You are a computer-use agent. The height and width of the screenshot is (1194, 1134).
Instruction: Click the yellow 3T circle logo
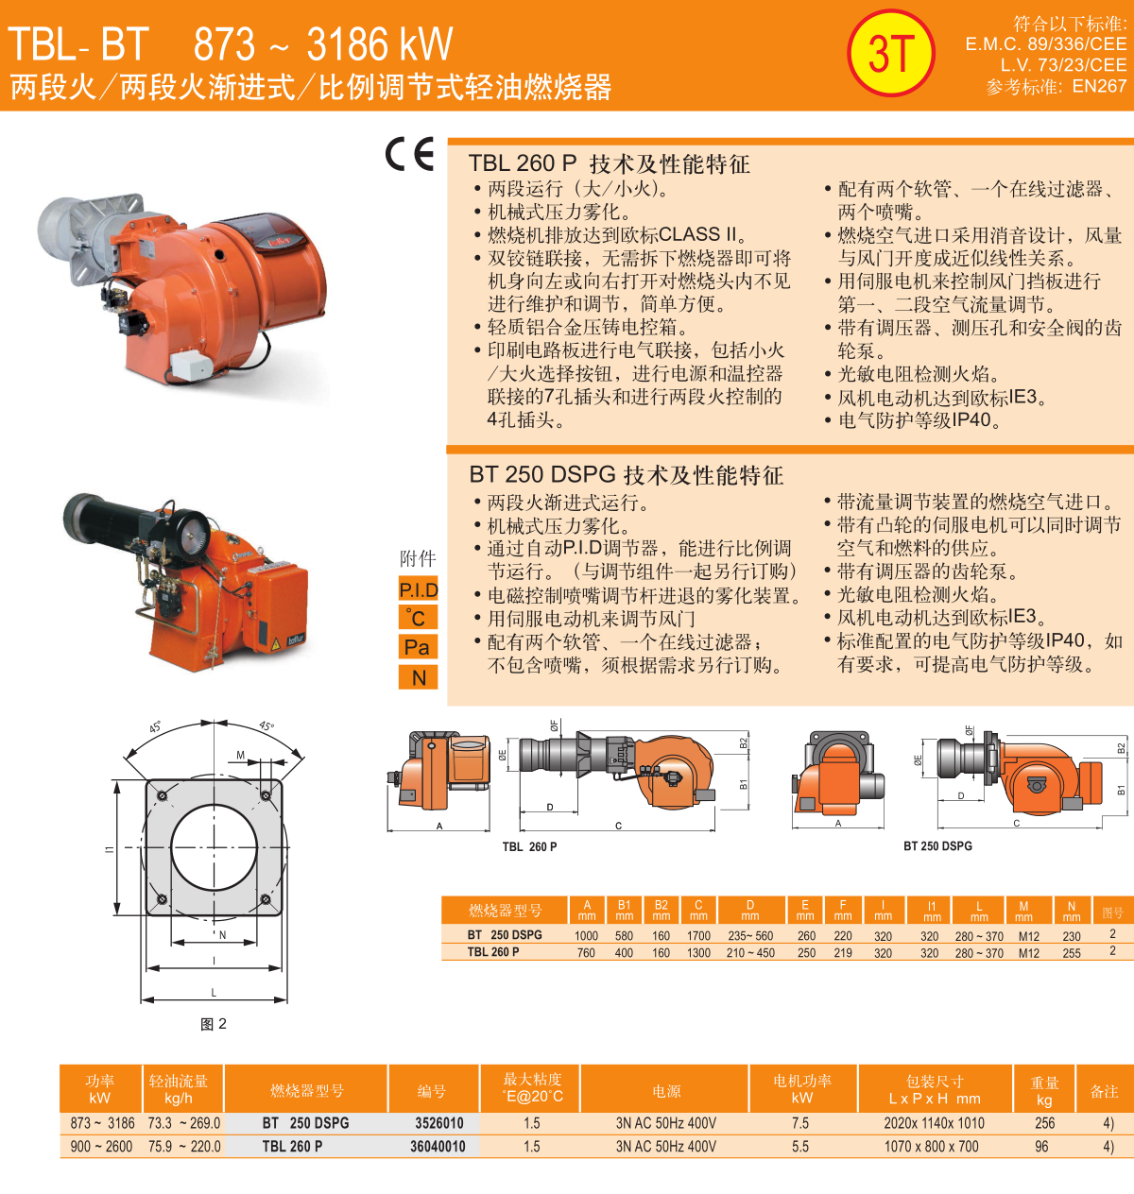click(890, 53)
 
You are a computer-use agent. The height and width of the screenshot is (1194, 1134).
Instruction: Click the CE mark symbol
click(409, 154)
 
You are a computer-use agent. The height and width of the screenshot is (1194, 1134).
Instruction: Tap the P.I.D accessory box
click(418, 589)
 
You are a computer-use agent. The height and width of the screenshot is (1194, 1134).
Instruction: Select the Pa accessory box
click(418, 647)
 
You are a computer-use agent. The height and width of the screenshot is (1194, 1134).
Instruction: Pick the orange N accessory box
click(418, 676)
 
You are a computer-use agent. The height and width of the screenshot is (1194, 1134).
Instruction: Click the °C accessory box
click(418, 618)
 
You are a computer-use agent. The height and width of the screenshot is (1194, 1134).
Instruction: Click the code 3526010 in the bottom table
click(438, 1123)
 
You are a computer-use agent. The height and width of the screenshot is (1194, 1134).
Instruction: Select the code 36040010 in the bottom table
click(438, 1146)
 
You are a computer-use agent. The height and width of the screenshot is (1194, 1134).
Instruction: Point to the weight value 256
click(1044, 1123)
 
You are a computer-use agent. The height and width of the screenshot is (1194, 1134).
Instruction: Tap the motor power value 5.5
click(800, 1146)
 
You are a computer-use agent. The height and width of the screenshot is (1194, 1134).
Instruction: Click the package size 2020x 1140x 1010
click(934, 1123)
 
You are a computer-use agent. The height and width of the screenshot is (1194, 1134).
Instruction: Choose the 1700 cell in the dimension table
click(698, 936)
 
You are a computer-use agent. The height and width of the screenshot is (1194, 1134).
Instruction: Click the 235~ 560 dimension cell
click(750, 936)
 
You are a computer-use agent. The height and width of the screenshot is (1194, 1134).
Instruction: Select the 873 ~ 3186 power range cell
click(102, 1123)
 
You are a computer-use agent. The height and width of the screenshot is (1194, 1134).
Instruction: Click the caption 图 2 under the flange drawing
click(214, 1024)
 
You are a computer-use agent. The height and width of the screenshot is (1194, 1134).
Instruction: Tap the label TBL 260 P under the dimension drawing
click(529, 846)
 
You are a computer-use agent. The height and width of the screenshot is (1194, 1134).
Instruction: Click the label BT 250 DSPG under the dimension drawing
click(937, 846)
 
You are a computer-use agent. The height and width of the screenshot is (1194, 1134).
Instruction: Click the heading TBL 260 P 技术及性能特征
click(609, 163)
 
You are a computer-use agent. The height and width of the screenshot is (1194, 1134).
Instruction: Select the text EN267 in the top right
click(1099, 86)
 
